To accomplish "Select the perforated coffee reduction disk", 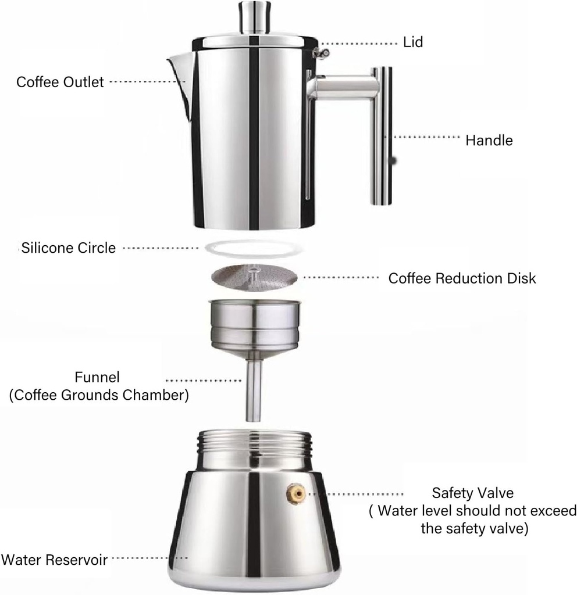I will click(254, 278).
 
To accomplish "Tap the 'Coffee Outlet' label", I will click(60, 82).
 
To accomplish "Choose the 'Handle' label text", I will click(489, 140).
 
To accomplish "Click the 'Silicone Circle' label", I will click(68, 248).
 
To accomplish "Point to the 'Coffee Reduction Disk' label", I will click(462, 278).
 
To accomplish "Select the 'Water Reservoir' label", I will click(54, 560).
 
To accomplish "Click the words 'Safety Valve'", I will click(472, 493).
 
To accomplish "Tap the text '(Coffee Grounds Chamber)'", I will click(98, 396).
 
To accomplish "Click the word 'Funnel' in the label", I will click(98, 377).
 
